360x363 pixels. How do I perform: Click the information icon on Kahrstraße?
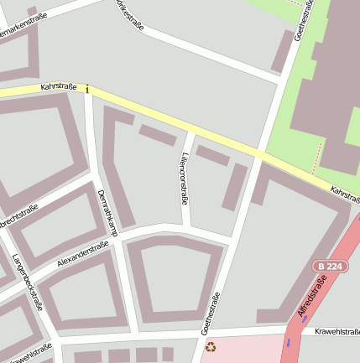[87, 89]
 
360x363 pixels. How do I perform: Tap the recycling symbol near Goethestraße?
[210, 345]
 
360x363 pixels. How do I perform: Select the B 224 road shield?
[330, 266]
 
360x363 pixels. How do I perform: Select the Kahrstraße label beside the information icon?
[59, 87]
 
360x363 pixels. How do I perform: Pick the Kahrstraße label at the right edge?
[345, 193]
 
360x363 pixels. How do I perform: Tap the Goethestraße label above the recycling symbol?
[213, 312]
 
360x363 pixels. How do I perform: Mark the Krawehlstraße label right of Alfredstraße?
[337, 332]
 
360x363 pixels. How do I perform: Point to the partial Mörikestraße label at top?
[130, 14]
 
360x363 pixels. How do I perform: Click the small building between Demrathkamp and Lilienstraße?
[157, 135]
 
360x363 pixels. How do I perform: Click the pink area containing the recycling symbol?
[243, 349]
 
